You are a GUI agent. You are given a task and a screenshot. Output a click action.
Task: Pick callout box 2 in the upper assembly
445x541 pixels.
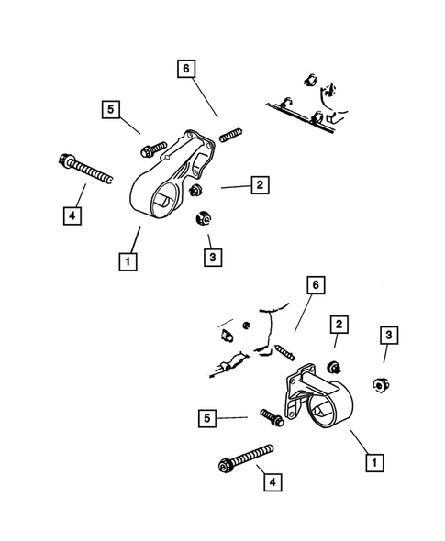point(260,185)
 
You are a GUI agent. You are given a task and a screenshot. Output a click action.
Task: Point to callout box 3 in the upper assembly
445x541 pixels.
point(212,259)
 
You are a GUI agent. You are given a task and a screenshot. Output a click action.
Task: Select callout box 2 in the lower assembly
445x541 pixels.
point(339,325)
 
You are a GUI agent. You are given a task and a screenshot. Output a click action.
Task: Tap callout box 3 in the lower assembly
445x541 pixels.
point(389,337)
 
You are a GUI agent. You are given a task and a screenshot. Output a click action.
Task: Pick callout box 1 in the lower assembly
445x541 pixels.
point(373,463)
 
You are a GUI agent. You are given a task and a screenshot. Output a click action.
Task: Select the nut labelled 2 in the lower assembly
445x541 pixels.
point(335,368)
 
